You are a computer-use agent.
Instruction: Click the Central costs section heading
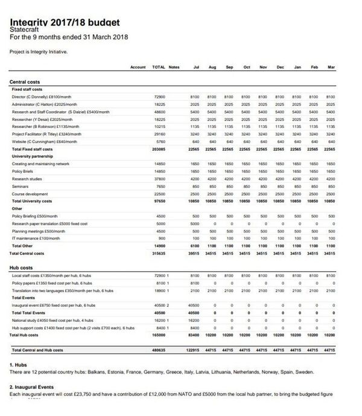click(x=25, y=82)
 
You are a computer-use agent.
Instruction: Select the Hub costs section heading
click(x=22, y=267)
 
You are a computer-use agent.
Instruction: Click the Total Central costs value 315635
click(x=159, y=253)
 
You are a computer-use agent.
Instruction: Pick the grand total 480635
click(x=159, y=350)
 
